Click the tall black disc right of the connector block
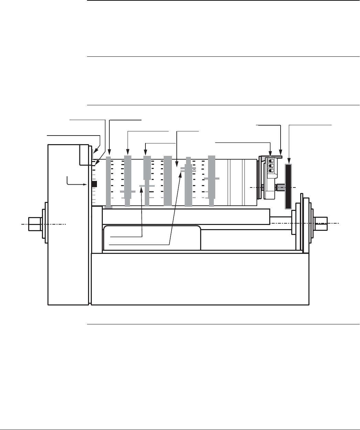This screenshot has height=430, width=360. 288,186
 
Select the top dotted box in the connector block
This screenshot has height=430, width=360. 271,161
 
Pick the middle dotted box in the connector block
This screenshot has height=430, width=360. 271,165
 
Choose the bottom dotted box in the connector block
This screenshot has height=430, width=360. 271,170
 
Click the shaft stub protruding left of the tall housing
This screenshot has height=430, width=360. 35,224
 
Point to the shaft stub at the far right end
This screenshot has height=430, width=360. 320,223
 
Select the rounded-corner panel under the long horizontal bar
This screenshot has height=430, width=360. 152,238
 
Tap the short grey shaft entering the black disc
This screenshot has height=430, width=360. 280,187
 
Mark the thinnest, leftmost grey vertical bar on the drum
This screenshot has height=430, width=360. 109,182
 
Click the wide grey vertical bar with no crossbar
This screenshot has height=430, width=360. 167,181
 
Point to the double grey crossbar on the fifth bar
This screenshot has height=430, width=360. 188,169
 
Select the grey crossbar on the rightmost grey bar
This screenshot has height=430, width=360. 211,178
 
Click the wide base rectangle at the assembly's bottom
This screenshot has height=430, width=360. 200,279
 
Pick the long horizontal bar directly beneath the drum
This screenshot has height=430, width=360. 186,217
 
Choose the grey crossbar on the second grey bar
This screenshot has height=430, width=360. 128,191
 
